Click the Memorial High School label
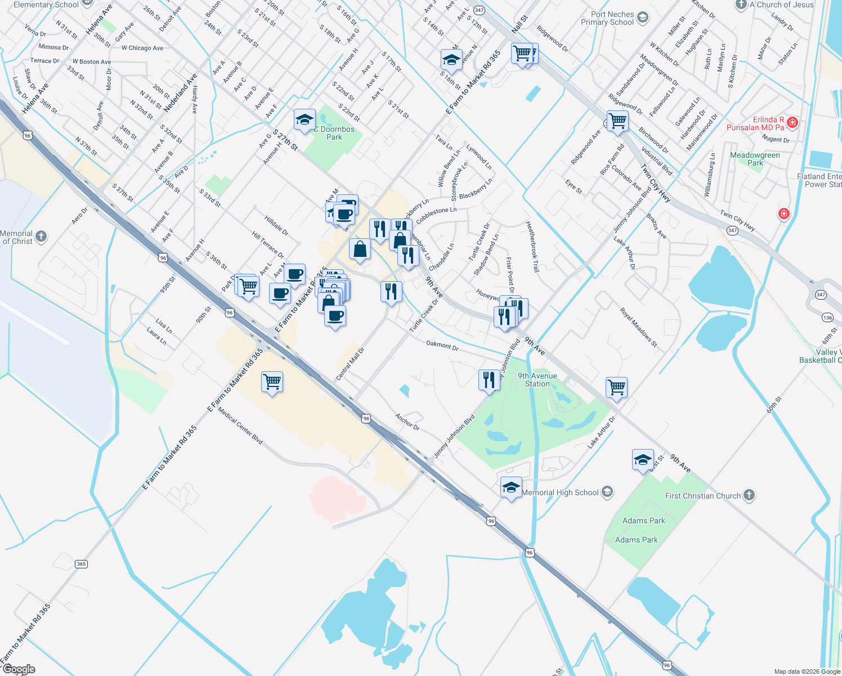tap(560, 492)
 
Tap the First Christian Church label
tap(703, 496)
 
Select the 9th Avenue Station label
tap(538, 380)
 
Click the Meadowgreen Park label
tap(755, 159)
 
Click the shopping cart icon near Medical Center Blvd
tap(272, 382)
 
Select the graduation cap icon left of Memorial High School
tap(511, 487)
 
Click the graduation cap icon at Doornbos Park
tap(304, 120)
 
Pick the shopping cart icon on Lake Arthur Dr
tap(617, 387)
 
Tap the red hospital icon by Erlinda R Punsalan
tap(792, 122)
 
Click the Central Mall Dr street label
tap(351, 363)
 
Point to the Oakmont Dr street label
tap(442, 345)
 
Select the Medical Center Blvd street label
tap(240, 426)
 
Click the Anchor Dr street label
tap(407, 421)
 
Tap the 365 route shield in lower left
tap(82, 564)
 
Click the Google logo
tap(19, 669)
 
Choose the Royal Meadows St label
tap(639, 327)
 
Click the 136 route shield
tap(827, 318)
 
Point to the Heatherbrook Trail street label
tap(532, 247)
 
